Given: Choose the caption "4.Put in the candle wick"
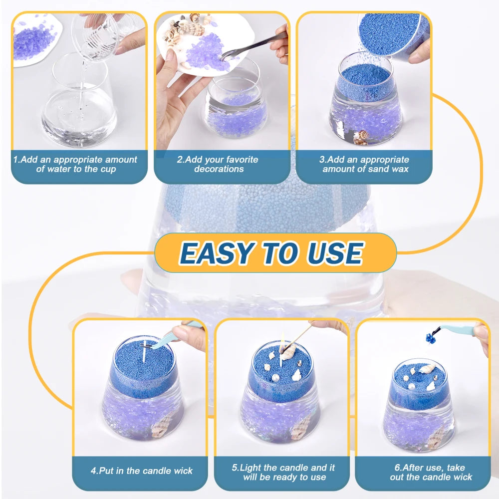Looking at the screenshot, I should pos(141,471).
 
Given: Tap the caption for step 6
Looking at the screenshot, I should pos(423,473).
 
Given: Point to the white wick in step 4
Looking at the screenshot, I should pos(144,354).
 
